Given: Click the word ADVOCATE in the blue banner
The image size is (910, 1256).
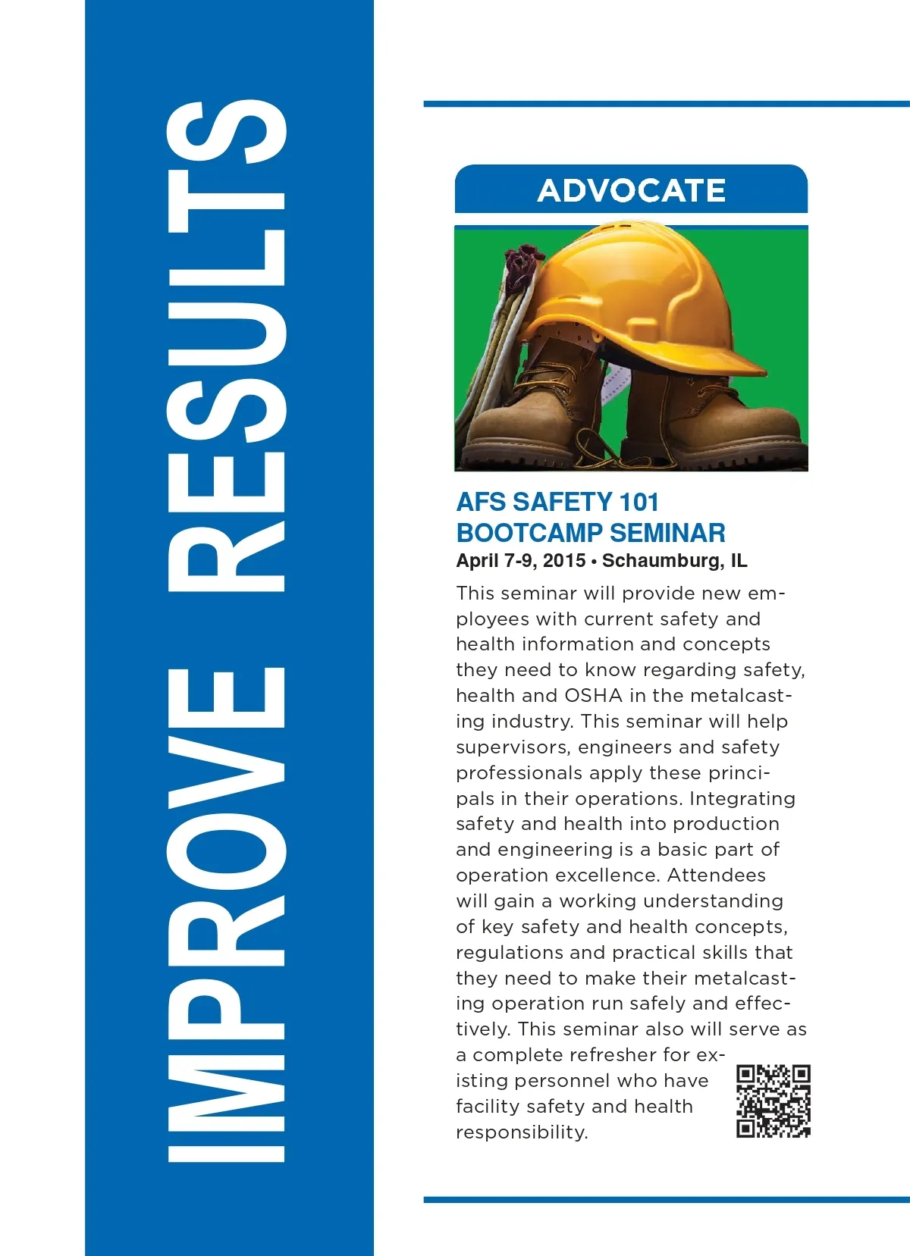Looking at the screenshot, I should click(631, 190).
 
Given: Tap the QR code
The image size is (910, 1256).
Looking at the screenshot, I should click(773, 1101).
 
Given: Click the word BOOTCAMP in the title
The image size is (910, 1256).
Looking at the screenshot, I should click(529, 533).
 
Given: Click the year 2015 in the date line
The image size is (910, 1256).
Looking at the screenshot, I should click(564, 561).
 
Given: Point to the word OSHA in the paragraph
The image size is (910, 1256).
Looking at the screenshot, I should click(594, 696).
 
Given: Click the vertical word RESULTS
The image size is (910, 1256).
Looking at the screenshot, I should click(226, 345).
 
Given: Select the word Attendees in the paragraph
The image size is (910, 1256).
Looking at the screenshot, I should click(716, 875).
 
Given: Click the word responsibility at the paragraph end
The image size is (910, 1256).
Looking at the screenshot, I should click(522, 1132).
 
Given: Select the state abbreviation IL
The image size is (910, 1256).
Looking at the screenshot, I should click(739, 561).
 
